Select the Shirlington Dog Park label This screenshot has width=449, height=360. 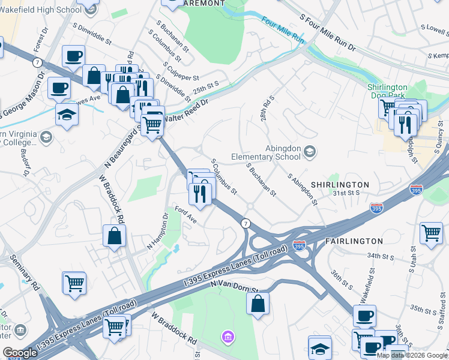coord(396,91)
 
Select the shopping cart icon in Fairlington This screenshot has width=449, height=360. coord(431,232)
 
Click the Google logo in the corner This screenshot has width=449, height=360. coord(20,353)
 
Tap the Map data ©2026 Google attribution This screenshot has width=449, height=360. coord(412,355)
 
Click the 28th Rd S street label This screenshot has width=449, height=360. coord(267,107)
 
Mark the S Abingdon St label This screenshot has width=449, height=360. coord(301,189)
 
